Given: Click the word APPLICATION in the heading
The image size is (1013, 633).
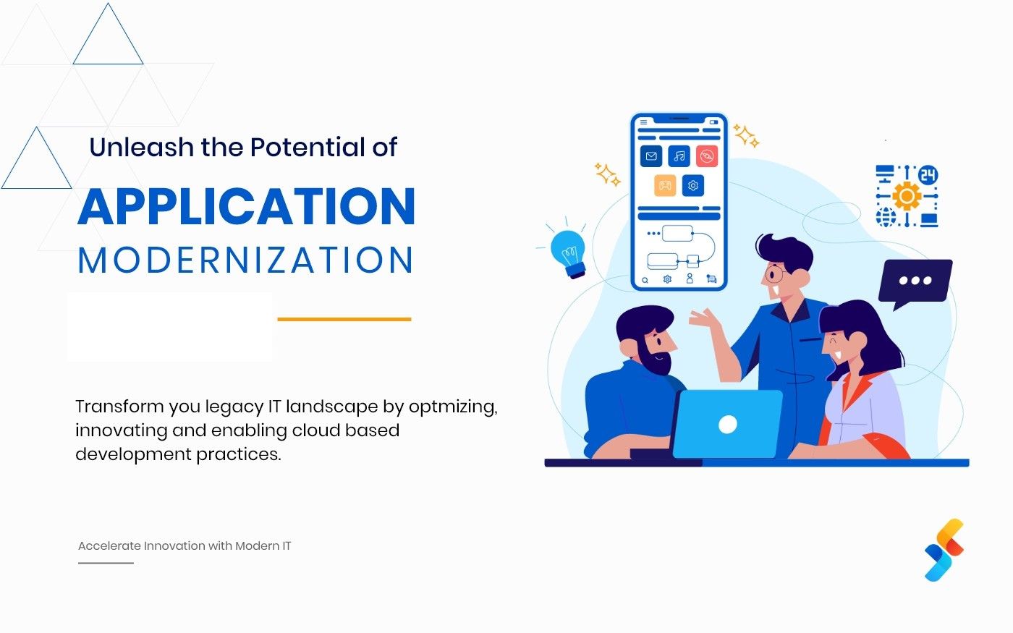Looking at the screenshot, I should (x=246, y=207).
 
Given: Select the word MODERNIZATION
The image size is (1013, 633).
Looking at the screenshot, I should (x=245, y=260).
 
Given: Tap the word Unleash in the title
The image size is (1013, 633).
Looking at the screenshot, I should (x=141, y=148).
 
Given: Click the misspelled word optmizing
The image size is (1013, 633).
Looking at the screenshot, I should (x=453, y=407).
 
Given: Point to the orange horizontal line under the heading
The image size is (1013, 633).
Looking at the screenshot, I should (x=344, y=319).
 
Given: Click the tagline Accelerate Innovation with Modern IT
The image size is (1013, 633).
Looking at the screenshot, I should (x=185, y=546).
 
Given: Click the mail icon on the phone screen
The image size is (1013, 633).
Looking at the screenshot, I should (x=651, y=156).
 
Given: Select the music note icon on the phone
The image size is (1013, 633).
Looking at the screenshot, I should (x=679, y=156).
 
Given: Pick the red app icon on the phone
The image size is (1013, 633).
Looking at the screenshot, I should (x=707, y=156).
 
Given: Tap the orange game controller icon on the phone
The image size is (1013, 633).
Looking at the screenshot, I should (x=665, y=186).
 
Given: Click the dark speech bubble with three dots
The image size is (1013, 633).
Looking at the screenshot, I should (x=915, y=281).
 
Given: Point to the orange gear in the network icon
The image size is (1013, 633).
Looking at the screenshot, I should (x=907, y=196).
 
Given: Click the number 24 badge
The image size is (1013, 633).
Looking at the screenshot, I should (x=928, y=175).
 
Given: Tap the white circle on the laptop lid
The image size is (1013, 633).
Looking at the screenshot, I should (x=727, y=425).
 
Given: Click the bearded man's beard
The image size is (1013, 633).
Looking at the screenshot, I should (x=655, y=360).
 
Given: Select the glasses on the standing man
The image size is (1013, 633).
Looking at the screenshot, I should (x=776, y=274).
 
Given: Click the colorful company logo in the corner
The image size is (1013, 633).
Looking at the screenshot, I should (x=944, y=550).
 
